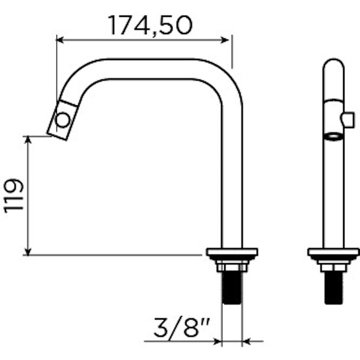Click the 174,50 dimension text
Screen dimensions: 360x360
(x=150, y=25)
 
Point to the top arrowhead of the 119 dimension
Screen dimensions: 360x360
(x=28, y=140)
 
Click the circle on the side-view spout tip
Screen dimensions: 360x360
(x=63, y=120)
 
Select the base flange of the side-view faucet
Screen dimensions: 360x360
(x=232, y=252)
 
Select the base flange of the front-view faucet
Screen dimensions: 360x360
(x=333, y=252)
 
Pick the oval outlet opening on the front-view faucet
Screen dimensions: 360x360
(x=333, y=136)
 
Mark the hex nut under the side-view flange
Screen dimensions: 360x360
(x=232, y=267)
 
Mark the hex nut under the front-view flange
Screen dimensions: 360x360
(x=333, y=267)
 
